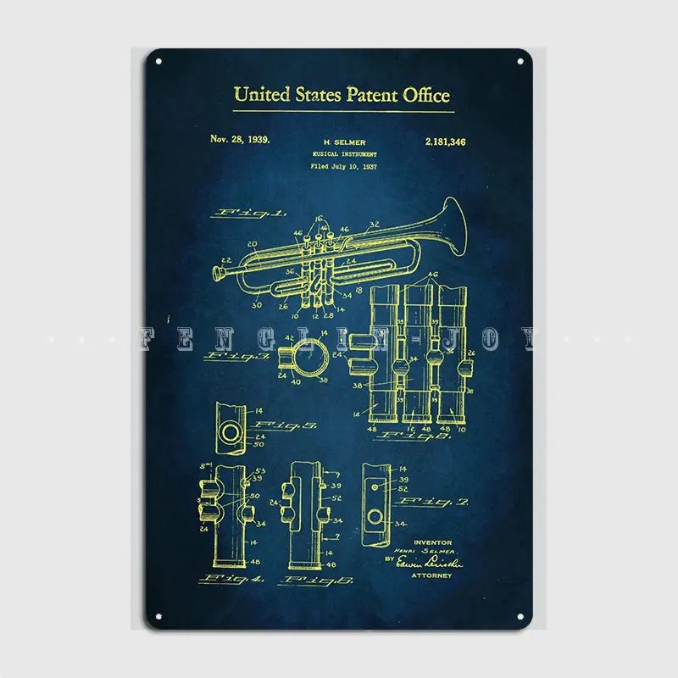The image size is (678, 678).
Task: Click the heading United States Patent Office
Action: click(342, 94)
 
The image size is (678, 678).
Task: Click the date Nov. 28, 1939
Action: click(240, 140)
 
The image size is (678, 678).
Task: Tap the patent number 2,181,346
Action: click(447, 141)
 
